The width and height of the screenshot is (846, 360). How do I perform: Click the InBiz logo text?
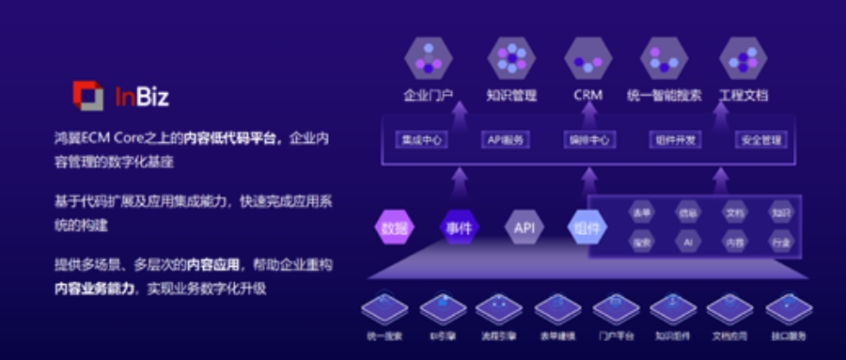pos(141,95)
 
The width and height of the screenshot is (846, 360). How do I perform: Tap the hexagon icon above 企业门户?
pos(428,58)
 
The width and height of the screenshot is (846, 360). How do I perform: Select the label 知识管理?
pos(510,95)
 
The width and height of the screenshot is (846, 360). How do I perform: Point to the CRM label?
pos(587,95)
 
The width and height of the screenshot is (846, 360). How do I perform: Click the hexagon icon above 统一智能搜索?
pos(665,58)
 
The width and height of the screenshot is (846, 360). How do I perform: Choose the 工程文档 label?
pos(743,95)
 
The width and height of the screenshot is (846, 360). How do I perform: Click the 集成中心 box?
pos(420,140)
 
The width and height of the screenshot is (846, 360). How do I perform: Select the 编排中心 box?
pos(587,140)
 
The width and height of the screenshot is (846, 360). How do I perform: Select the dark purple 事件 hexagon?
pos(458,227)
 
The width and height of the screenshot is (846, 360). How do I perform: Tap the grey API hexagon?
pos(522,227)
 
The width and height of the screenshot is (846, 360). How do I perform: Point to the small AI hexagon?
pos(688,243)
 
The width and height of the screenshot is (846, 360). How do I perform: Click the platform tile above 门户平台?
pos(616,308)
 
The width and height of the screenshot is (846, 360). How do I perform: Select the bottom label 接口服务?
pos(788,336)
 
